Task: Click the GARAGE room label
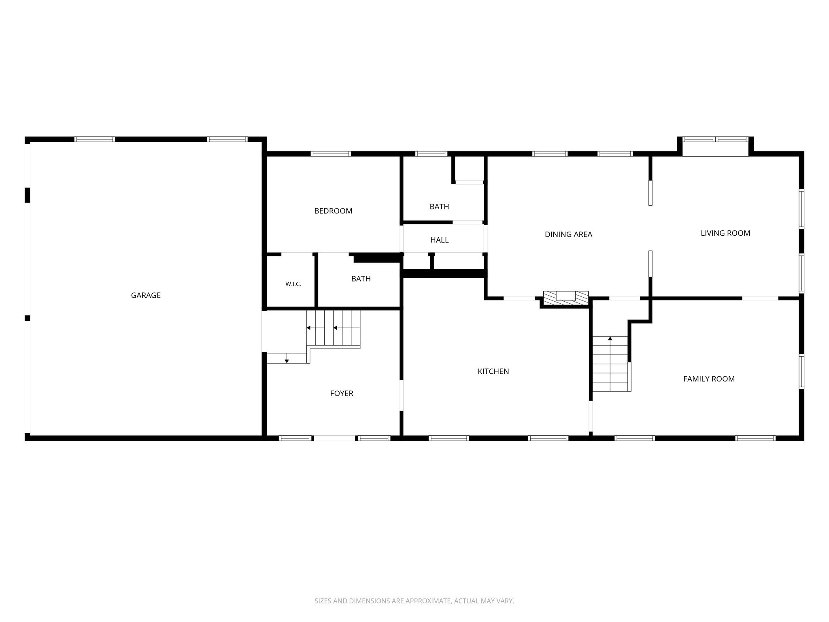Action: pos(146,296)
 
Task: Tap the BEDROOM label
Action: pos(333,211)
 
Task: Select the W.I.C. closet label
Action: pos(293,284)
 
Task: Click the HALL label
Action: pos(439,240)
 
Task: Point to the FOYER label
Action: pos(342,394)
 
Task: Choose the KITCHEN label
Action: pos(493,371)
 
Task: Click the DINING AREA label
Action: pos(568,234)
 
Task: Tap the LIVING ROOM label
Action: pos(725,233)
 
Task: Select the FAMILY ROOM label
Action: pos(709,379)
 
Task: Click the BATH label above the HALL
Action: pos(439,207)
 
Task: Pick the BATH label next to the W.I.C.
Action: pos(361,279)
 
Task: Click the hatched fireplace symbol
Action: pos(565,298)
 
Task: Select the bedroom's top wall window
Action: pos(331,154)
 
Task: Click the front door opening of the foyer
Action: pos(335,438)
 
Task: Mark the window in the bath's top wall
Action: pos(431,154)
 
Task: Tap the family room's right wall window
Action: pos(801,372)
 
